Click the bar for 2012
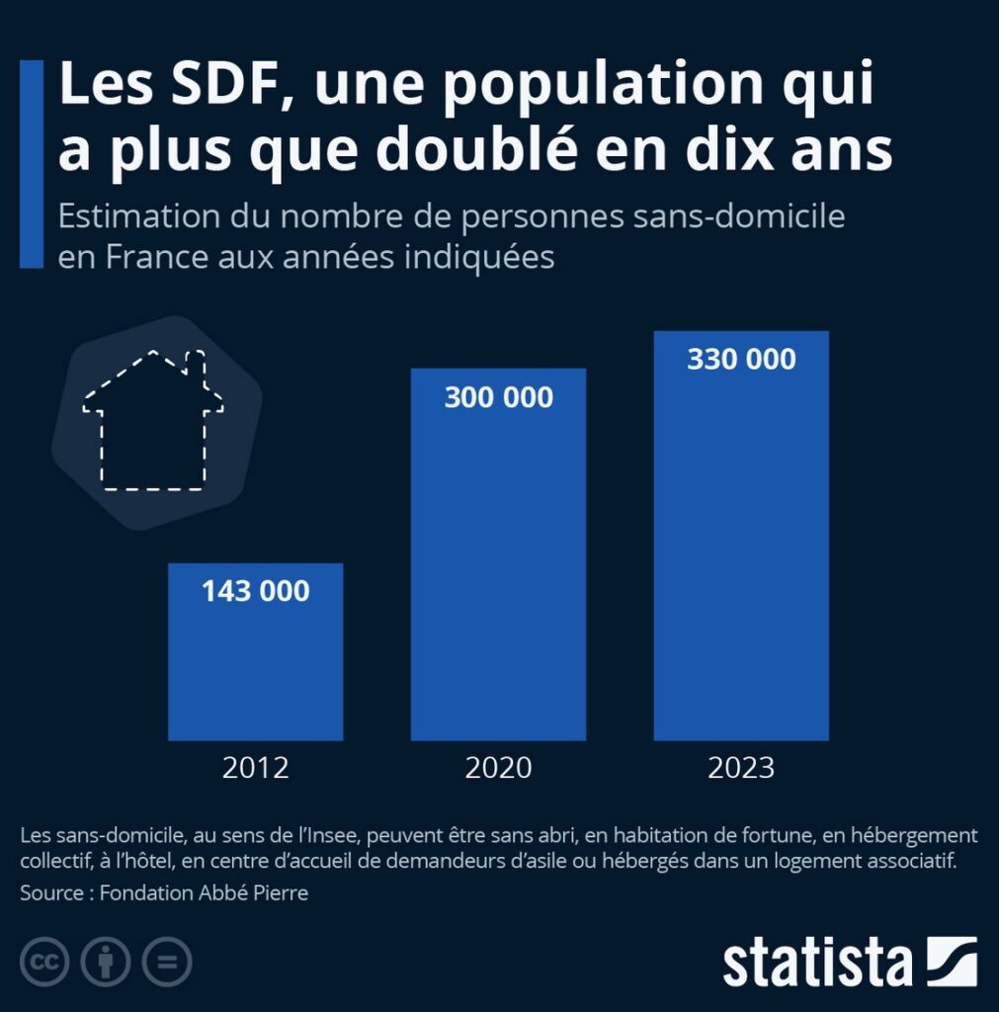[256, 652]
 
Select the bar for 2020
[498, 554]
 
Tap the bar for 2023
[741, 536]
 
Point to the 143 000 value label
[256, 591]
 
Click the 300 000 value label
[498, 397]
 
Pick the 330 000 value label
[741, 359]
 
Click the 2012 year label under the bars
[256, 767]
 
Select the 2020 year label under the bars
[498, 767]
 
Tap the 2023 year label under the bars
[741, 767]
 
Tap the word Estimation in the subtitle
[138, 215]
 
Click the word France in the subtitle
[157, 257]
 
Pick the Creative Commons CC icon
[44, 962]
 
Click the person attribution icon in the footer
[106, 962]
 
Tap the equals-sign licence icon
[167, 962]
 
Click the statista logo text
[817, 963]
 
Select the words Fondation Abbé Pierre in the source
[204, 892]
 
